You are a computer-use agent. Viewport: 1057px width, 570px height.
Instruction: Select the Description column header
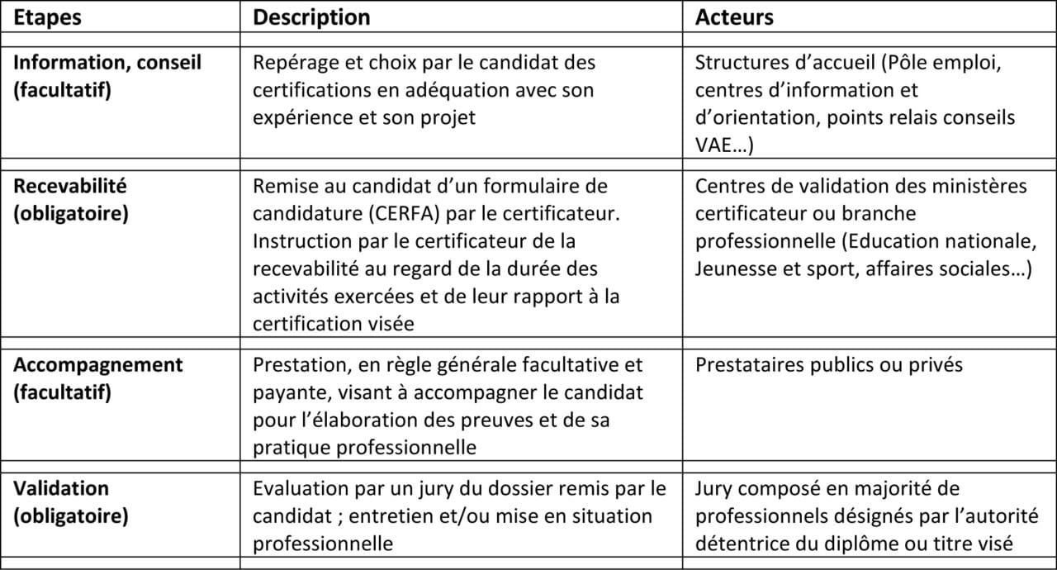[x=311, y=17]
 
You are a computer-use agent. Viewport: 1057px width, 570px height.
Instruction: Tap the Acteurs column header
[x=734, y=17]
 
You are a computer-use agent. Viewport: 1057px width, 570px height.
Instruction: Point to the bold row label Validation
[x=61, y=488]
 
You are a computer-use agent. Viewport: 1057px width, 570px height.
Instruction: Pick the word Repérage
[x=293, y=63]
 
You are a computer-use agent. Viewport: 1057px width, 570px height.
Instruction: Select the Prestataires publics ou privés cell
[x=829, y=364]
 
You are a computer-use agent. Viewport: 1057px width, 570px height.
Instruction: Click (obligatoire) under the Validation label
[x=70, y=516]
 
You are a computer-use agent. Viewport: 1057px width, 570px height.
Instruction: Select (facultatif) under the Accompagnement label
[x=62, y=392]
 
